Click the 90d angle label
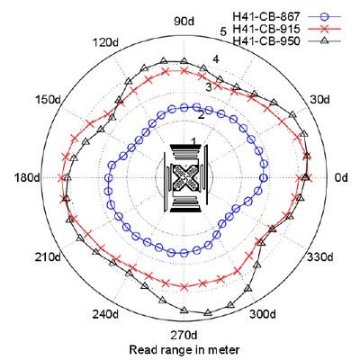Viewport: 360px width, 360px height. click(x=184, y=22)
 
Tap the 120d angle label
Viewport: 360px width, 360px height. click(x=105, y=42)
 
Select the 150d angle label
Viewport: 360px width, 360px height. click(x=49, y=99)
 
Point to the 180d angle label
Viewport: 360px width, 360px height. click(x=27, y=178)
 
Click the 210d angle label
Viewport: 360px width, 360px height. click(x=49, y=257)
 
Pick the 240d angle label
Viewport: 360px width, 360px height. click(x=105, y=314)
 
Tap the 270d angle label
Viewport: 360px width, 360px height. click(x=184, y=335)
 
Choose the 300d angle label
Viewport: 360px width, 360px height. click(x=263, y=314)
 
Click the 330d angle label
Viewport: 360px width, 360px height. click(x=319, y=257)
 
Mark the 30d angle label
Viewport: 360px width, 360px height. click(x=319, y=99)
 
